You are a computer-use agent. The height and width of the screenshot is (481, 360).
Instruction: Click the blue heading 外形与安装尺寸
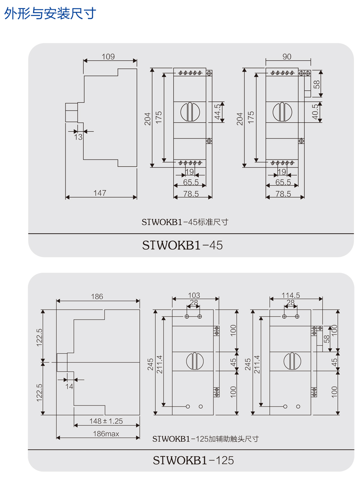pyautogui.click(x=50, y=14)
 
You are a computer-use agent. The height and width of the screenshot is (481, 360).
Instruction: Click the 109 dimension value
pyautogui.click(x=108, y=56)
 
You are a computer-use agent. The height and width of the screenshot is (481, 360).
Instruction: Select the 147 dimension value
pyautogui.click(x=100, y=193)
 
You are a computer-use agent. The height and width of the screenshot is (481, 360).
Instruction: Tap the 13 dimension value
pyautogui.click(x=78, y=137)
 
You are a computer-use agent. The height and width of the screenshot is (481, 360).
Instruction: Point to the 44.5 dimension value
pyautogui.click(x=217, y=112)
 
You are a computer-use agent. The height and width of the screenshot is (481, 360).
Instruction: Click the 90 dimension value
pyautogui.click(x=287, y=56)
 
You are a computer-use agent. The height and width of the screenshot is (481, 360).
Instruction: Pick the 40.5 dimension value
pyautogui.click(x=315, y=112)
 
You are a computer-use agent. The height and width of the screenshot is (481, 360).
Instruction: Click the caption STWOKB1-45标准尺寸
pyautogui.click(x=185, y=222)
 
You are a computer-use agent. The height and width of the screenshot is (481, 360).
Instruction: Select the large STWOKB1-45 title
pyautogui.click(x=182, y=245)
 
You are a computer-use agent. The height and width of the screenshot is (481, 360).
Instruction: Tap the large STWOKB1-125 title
pyautogui.click(x=193, y=460)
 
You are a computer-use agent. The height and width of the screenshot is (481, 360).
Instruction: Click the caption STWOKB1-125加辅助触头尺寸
pyautogui.click(x=205, y=439)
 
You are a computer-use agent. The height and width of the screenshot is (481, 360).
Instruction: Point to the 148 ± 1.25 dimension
pyautogui.click(x=106, y=421)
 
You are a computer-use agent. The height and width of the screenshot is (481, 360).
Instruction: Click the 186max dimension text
pyautogui.click(x=106, y=434)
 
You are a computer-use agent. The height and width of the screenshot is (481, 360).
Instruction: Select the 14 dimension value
pyautogui.click(x=69, y=386)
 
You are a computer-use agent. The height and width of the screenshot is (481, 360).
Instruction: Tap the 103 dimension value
pyautogui.click(x=194, y=295)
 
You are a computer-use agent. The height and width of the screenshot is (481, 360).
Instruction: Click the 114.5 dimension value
pyautogui.click(x=291, y=295)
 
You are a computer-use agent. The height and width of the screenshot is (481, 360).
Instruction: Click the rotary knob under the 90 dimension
pyautogui.click(x=282, y=112)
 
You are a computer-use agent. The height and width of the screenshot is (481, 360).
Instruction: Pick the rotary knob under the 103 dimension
pyautogui.click(x=195, y=361)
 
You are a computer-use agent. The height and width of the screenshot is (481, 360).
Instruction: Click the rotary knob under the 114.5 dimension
pyautogui.click(x=292, y=361)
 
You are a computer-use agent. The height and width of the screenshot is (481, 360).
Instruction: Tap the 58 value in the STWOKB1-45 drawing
pyautogui.click(x=316, y=84)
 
